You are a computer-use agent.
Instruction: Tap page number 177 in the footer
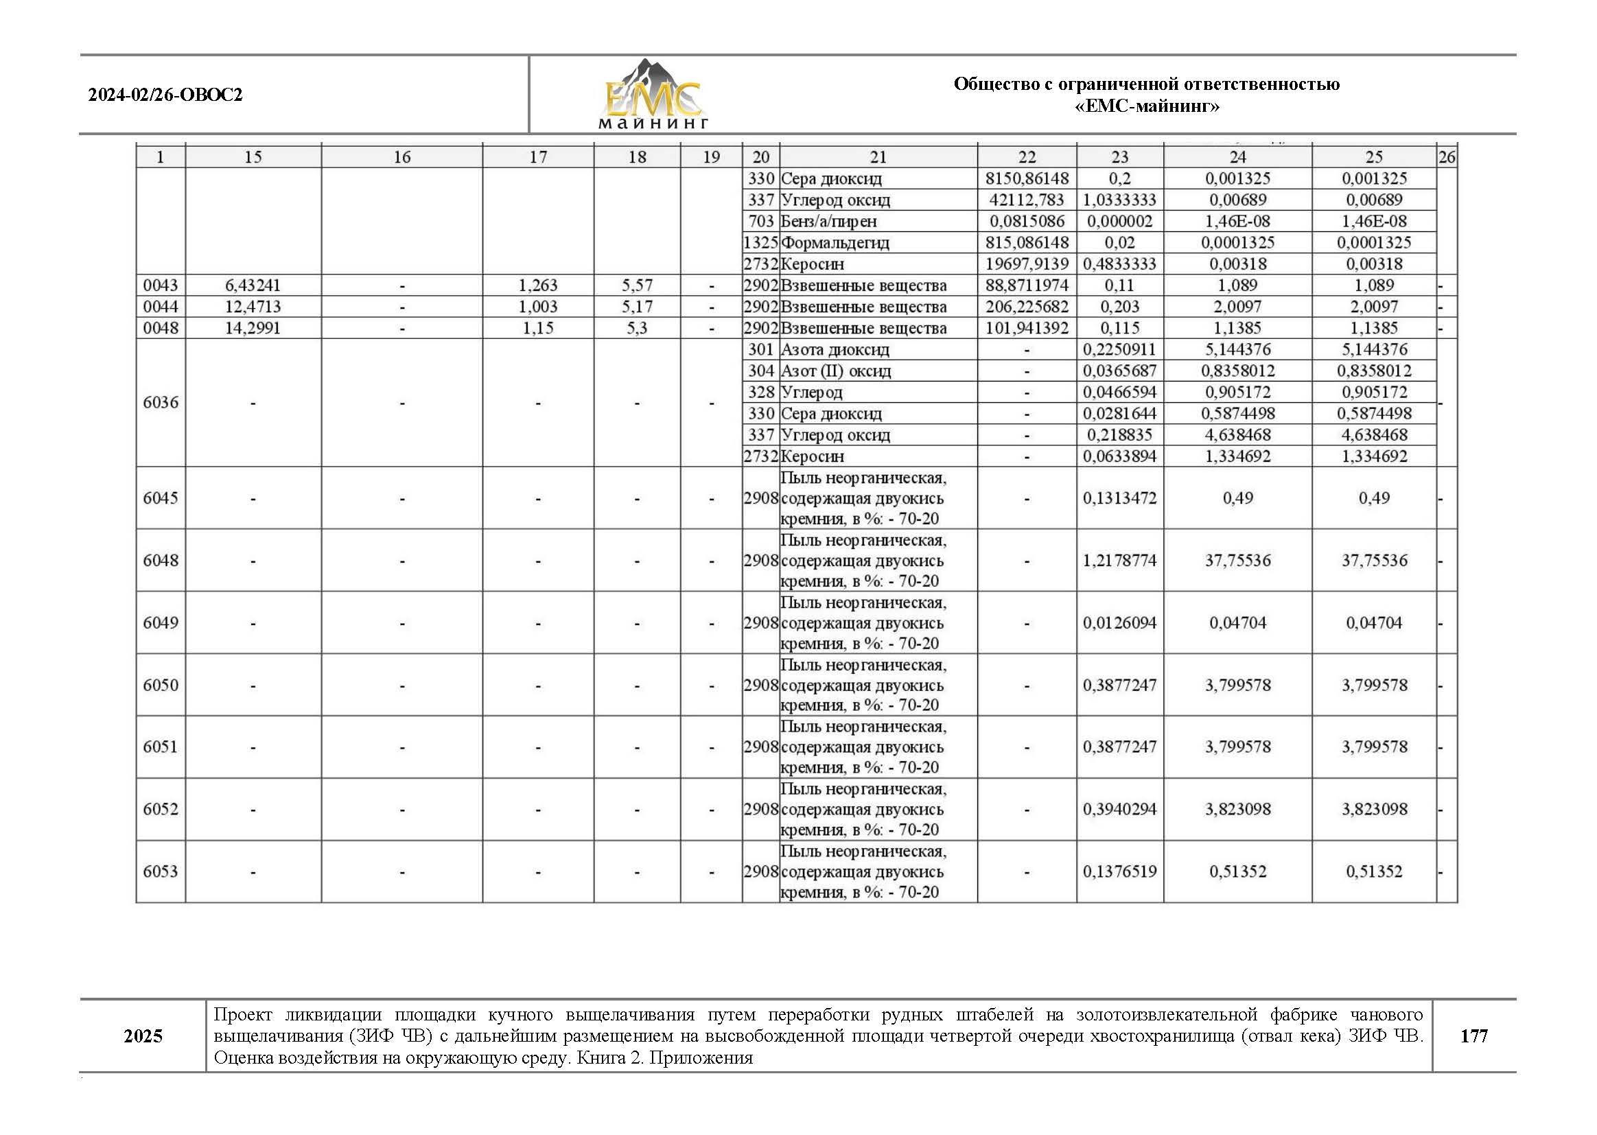pos(1473,1035)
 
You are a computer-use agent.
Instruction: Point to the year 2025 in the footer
pos(143,1035)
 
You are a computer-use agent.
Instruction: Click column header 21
pos(878,157)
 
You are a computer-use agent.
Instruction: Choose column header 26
pos(1446,157)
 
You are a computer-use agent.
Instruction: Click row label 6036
pos(161,403)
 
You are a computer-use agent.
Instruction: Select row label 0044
pos(161,307)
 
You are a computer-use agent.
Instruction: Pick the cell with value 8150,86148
pos(1027,179)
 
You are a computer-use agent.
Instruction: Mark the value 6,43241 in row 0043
pos(253,285)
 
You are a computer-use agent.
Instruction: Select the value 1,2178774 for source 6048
pos(1119,561)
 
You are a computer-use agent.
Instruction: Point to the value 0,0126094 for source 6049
pos(1119,622)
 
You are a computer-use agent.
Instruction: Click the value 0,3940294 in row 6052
pos(1119,809)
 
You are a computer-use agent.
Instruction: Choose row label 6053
pos(161,871)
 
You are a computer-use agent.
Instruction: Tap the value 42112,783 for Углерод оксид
pos(1027,200)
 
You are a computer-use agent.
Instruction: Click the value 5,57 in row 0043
pos(637,285)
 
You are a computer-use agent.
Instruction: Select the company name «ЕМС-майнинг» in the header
pos(1146,107)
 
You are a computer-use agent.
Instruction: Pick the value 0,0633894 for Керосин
pos(1119,456)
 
